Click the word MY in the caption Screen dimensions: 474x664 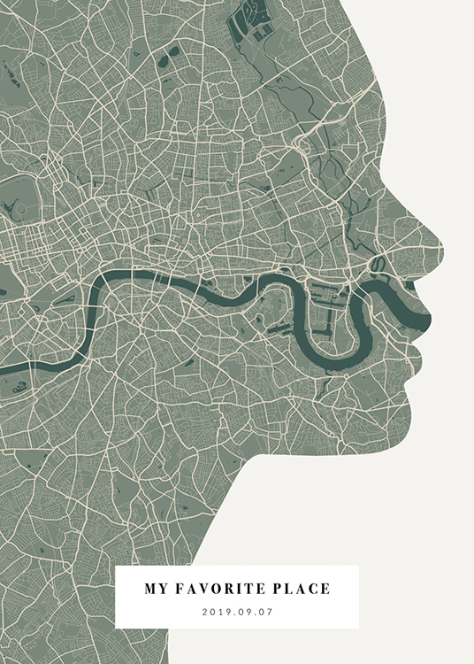coord(155,588)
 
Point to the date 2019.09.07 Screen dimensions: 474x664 coord(237,611)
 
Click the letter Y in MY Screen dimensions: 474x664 coord(161,588)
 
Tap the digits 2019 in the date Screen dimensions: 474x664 coord(216,611)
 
